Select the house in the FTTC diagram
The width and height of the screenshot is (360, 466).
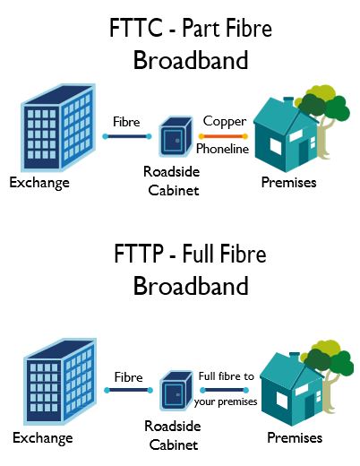[x=285, y=134]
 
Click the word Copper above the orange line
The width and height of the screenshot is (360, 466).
[x=225, y=121]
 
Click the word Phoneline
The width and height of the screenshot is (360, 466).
[x=222, y=150]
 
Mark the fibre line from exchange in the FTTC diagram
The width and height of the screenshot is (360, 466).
[x=126, y=136]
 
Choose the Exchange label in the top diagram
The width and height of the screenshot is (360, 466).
[x=39, y=183]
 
